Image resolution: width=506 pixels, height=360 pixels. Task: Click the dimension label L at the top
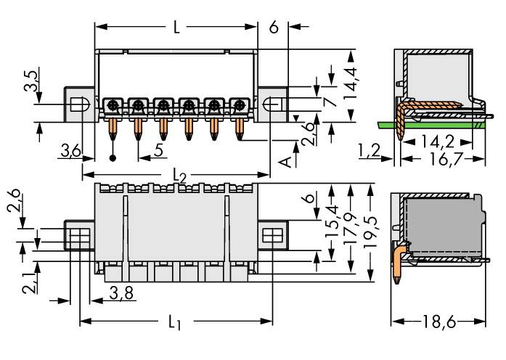tap(176, 29)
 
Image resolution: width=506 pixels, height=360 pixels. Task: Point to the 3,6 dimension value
tap(71, 151)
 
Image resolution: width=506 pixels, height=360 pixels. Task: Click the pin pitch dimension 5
tap(158, 151)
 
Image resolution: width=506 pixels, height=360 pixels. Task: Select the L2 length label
tap(179, 176)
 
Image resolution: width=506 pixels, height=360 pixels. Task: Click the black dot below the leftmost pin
tap(113, 157)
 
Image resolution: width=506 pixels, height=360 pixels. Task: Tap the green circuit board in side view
tap(436, 124)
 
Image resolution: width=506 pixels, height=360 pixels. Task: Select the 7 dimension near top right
tap(331, 102)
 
